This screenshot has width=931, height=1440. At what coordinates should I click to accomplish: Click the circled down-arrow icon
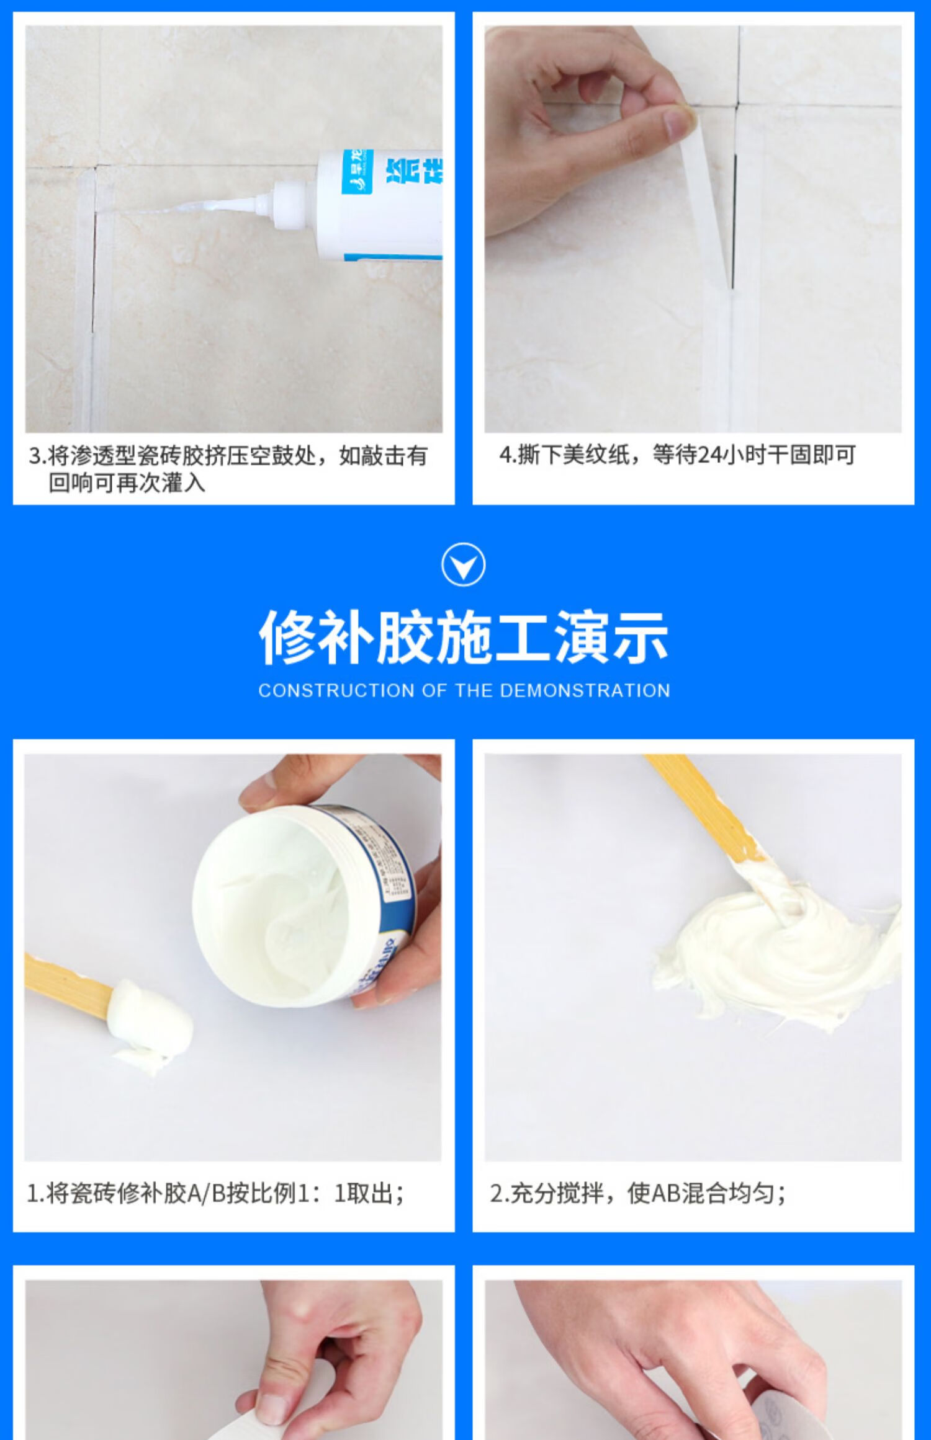tap(463, 564)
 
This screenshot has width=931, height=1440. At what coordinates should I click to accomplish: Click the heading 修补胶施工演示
tap(463, 638)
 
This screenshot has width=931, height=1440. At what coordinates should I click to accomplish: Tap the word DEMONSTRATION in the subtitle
tap(584, 691)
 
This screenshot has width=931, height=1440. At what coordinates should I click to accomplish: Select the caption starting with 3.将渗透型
tap(228, 469)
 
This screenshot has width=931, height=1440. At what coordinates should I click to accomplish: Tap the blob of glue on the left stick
tap(149, 1017)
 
